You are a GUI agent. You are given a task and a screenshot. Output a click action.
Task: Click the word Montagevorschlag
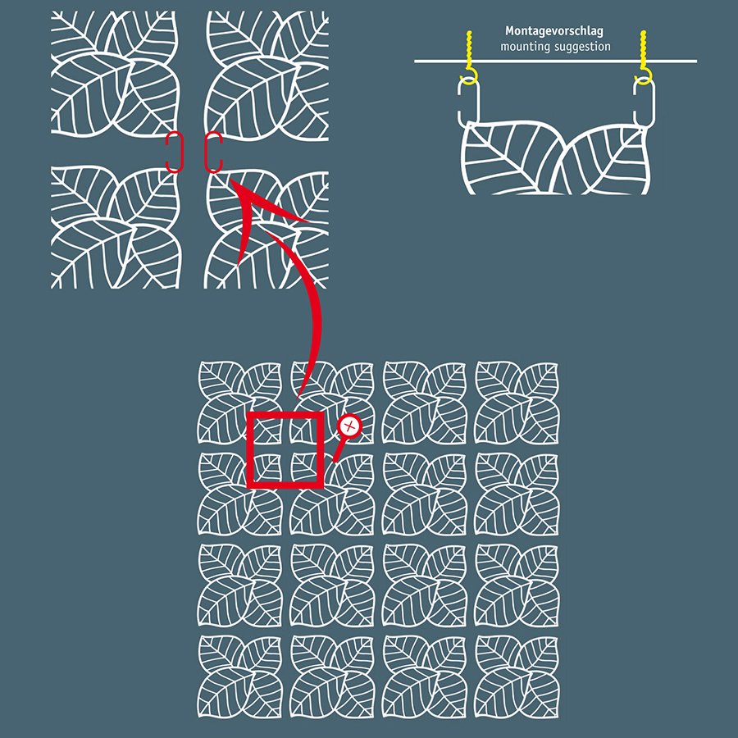[x=554, y=31]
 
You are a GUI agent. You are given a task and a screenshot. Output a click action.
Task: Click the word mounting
[x=523, y=47]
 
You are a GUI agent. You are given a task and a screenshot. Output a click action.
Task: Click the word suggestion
[x=581, y=47]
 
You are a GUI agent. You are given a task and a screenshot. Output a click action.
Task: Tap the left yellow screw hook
[x=469, y=58]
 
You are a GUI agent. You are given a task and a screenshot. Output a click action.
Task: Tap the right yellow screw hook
[x=644, y=58]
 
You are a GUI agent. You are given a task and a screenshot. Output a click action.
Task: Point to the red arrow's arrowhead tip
[x=230, y=180]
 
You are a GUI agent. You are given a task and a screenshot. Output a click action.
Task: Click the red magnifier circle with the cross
[x=349, y=426]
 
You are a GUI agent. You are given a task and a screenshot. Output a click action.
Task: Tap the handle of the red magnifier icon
[x=339, y=450]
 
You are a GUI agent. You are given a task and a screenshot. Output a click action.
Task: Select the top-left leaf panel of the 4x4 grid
[x=239, y=403]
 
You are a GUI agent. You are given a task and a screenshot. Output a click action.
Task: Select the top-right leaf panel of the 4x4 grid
[x=517, y=403]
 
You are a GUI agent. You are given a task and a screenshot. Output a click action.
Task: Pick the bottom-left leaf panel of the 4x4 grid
[x=239, y=676]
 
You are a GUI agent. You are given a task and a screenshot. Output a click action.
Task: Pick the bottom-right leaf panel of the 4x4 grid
[x=517, y=676]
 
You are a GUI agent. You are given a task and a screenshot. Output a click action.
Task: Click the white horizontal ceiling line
[x=555, y=61]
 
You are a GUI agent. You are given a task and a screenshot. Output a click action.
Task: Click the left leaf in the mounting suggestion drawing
[x=511, y=157]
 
